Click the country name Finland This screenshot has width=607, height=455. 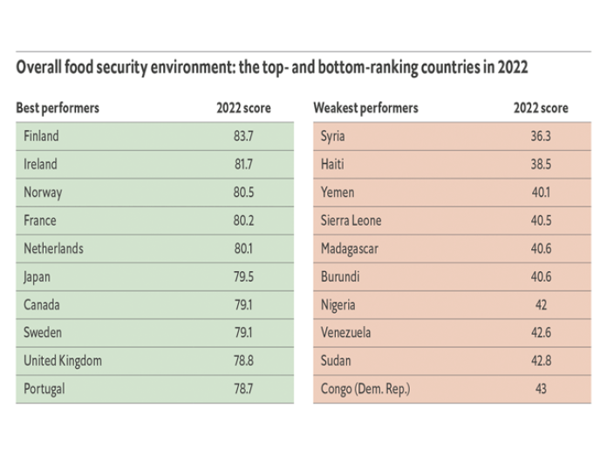(x=41, y=136)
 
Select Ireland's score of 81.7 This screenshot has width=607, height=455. (x=243, y=164)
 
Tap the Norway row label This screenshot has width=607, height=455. (x=43, y=193)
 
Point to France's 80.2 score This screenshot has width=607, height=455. (x=243, y=221)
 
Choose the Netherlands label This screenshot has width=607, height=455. (x=54, y=248)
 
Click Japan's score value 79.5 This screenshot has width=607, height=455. (x=243, y=276)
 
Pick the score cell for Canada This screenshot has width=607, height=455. (x=243, y=305)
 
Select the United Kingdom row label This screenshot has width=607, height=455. (x=63, y=361)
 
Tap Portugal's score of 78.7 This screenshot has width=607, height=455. (x=243, y=389)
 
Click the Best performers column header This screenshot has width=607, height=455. (x=58, y=108)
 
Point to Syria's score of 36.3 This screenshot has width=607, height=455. (x=541, y=136)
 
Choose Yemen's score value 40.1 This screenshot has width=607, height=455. (x=541, y=193)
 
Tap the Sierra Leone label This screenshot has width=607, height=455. (x=351, y=221)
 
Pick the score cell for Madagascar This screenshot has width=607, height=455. (x=541, y=248)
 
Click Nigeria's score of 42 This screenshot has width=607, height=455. (x=541, y=305)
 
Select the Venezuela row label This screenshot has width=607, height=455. (x=345, y=333)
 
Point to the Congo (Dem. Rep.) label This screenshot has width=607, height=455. (x=365, y=389)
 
